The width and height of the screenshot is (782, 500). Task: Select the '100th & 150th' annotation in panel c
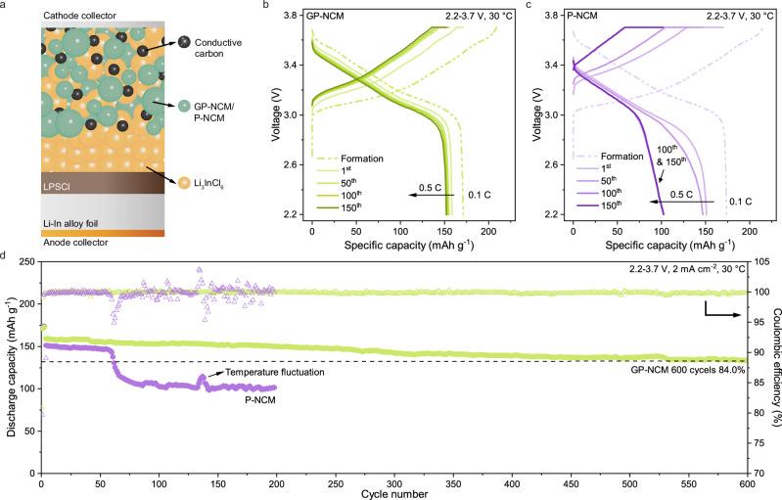(x=623, y=157)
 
